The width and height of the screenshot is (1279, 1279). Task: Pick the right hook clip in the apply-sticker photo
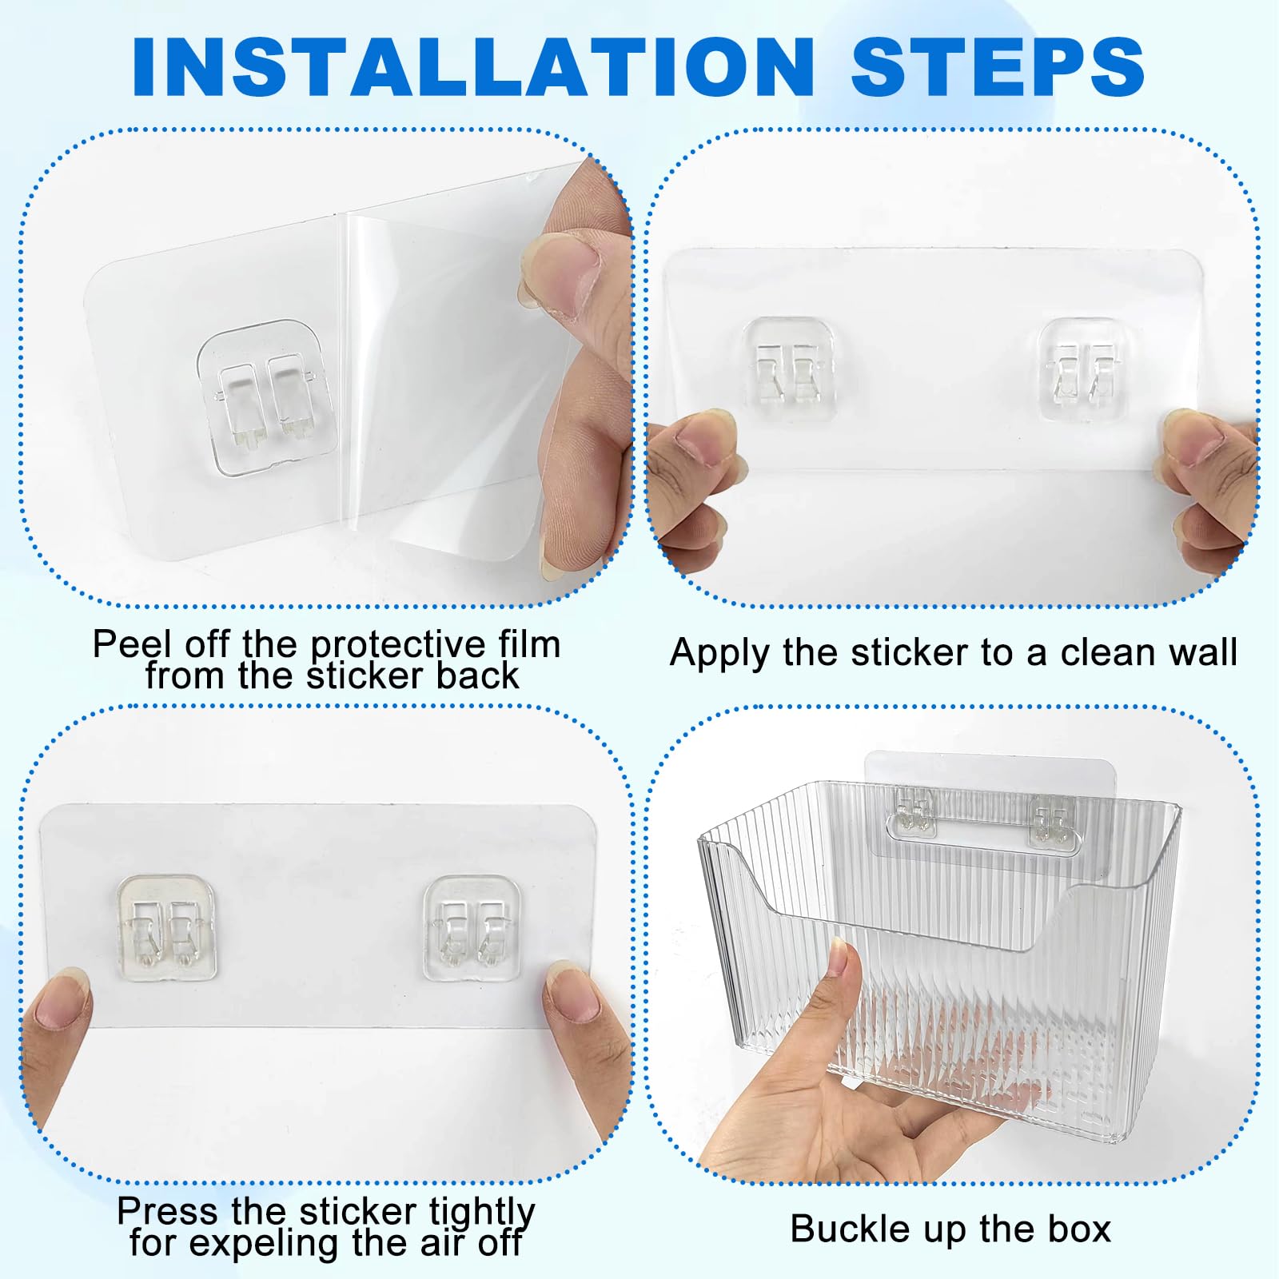click(x=1083, y=369)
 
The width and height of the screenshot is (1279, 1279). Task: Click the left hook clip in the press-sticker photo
click(x=167, y=927)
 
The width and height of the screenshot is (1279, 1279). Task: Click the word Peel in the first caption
click(x=133, y=643)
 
